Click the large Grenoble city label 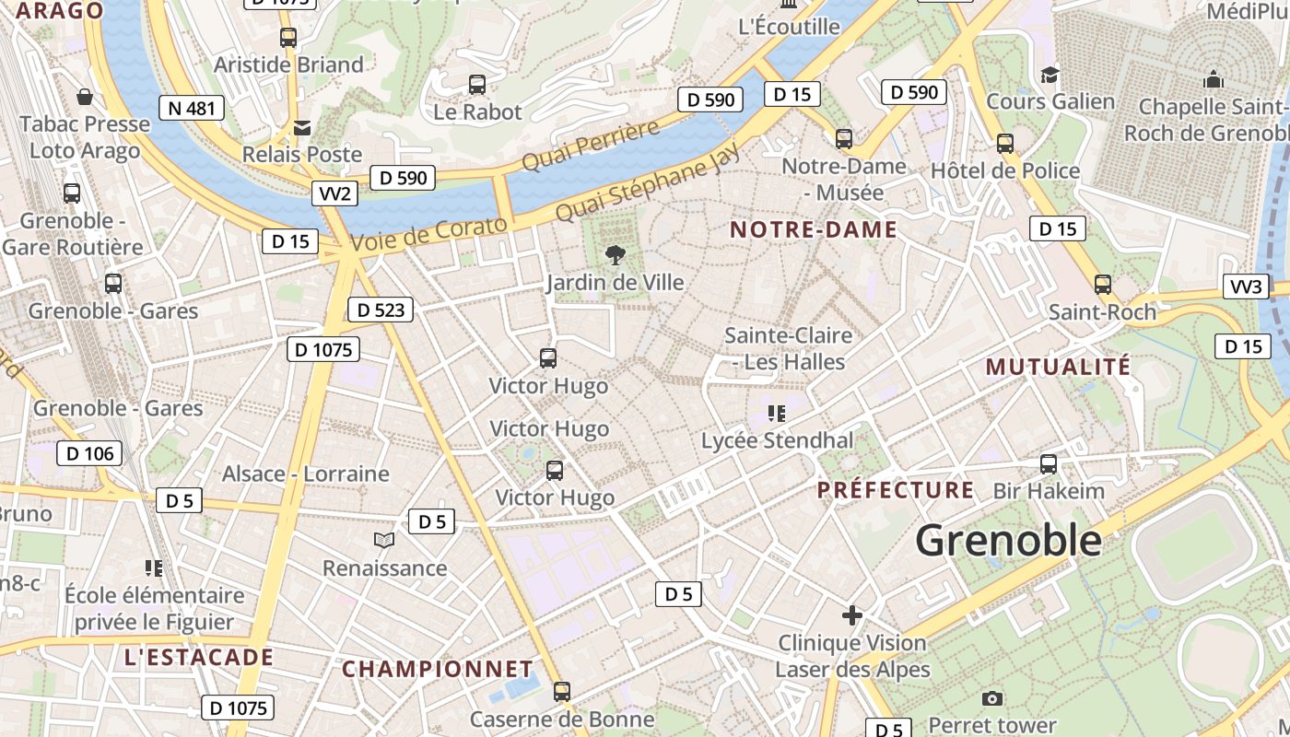pyautogui.click(x=1008, y=540)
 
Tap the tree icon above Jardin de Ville pyautogui.click(x=615, y=254)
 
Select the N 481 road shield pyautogui.click(x=192, y=108)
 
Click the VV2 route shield pyautogui.click(x=334, y=193)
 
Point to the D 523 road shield pyautogui.click(x=380, y=310)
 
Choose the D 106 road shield pyautogui.click(x=89, y=453)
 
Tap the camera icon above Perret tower pyautogui.click(x=991, y=698)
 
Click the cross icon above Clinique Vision pyautogui.click(x=852, y=614)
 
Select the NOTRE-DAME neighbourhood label pyautogui.click(x=814, y=230)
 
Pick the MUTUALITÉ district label pyautogui.click(x=1058, y=367)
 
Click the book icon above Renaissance pyautogui.click(x=384, y=540)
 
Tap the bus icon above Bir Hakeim pyautogui.click(x=1049, y=463)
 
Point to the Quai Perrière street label pyautogui.click(x=592, y=145)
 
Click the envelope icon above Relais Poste pyautogui.click(x=301, y=127)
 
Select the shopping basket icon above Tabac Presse pyautogui.click(x=85, y=96)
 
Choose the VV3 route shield pyautogui.click(x=1246, y=287)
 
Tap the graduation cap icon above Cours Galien pyautogui.click(x=1050, y=75)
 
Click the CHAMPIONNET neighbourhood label pyautogui.click(x=438, y=669)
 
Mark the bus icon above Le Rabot pyautogui.click(x=477, y=85)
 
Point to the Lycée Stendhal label pyautogui.click(x=778, y=440)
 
